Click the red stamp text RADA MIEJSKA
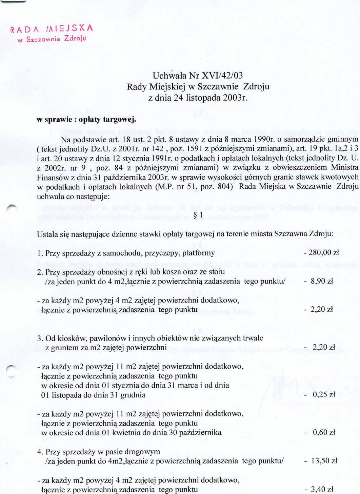[52, 29]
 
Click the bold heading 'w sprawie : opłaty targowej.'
[86, 119]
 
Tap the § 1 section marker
[198, 215]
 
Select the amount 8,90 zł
[322, 281]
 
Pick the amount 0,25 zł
[324, 394]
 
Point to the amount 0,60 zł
[324, 432]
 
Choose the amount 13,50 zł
[324, 461]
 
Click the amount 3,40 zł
[322, 489]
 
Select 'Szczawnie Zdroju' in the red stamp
[56, 39]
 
